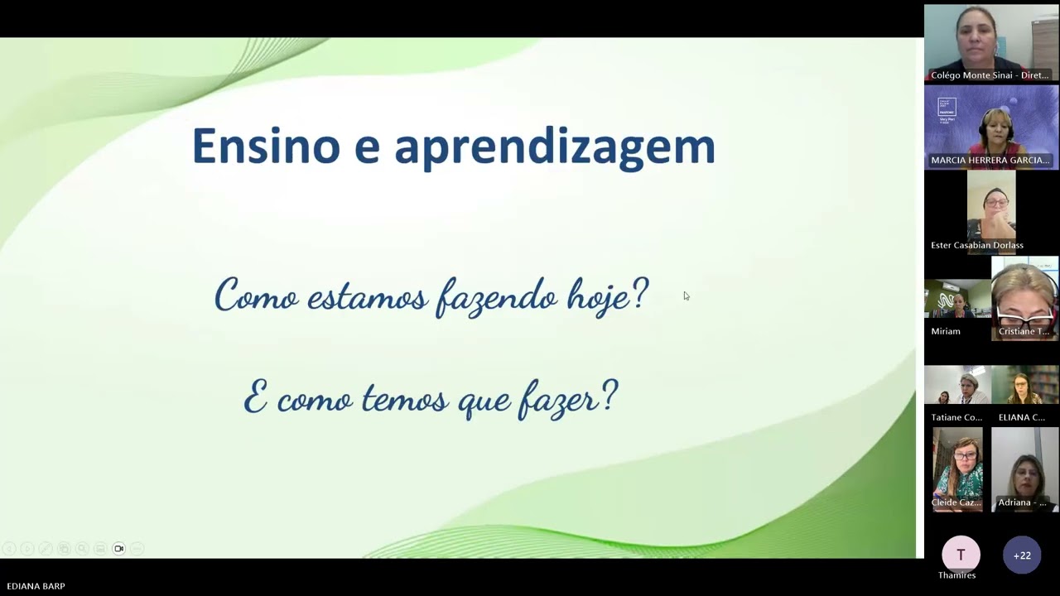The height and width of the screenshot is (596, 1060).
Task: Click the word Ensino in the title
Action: pos(265,146)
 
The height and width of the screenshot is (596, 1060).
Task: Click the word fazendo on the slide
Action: pos(497,296)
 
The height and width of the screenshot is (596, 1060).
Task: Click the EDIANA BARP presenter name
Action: pos(36,586)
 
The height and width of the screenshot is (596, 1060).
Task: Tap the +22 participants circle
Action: pos(1022,555)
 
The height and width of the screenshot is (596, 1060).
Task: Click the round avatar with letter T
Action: pos(961,555)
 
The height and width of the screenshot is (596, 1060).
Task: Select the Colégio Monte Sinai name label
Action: pos(990,75)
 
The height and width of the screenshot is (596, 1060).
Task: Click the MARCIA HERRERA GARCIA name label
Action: pos(990,161)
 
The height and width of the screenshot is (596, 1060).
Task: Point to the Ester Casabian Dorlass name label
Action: pos(977,245)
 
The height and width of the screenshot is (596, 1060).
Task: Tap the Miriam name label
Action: pos(946,331)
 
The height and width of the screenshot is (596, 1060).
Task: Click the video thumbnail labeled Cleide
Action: pos(957,468)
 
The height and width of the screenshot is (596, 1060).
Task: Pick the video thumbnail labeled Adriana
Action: pos(1025,468)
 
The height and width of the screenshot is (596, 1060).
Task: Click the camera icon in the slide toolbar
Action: pos(118,549)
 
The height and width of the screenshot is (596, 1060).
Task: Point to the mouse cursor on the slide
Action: pos(686,296)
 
